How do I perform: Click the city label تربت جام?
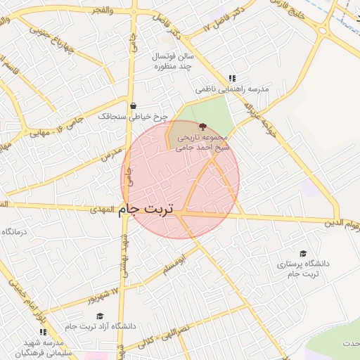click(149, 210)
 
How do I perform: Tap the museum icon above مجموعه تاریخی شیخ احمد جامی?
click(204, 127)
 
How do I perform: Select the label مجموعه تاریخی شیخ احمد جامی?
click(204, 143)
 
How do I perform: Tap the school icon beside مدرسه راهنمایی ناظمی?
click(231, 79)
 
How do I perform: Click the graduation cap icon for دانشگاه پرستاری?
click(303, 253)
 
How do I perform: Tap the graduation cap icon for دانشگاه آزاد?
click(100, 316)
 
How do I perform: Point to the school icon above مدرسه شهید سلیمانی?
click(43, 331)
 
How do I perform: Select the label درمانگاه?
click(14, 231)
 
